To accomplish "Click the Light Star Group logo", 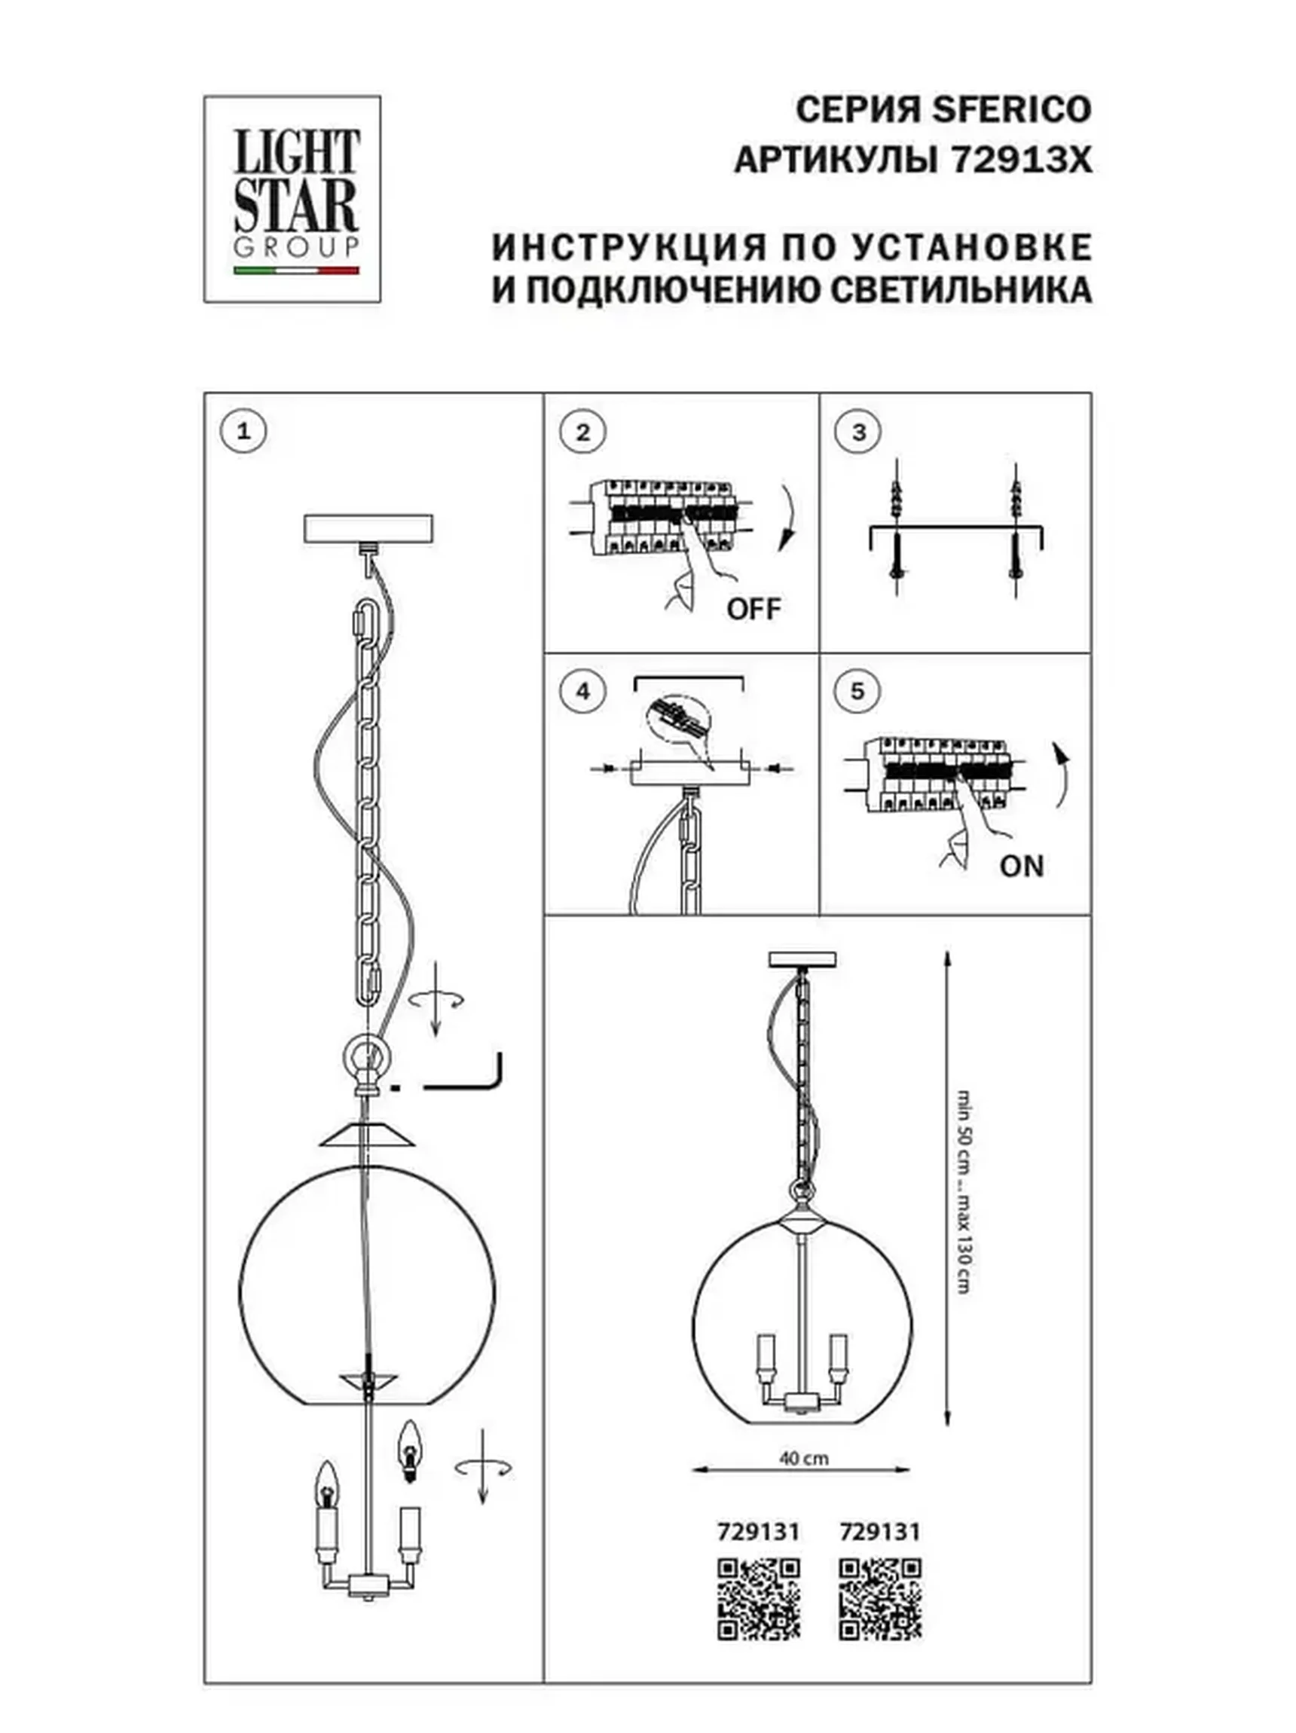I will pos(292,199).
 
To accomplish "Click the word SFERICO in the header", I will pos(1010,110).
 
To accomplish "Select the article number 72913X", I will pos(1020,160).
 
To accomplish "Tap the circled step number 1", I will pos(243,431).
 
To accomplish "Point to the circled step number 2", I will pos(582,432).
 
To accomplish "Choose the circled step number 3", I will pos(858,432).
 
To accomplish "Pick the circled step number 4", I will pos(582,691).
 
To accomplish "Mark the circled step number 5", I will pos(857,691).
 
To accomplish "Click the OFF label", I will pos(753,609).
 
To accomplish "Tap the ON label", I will pos(1021,866).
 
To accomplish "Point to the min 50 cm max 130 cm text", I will pos(965,1190).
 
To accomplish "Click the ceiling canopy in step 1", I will pos(368,529).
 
